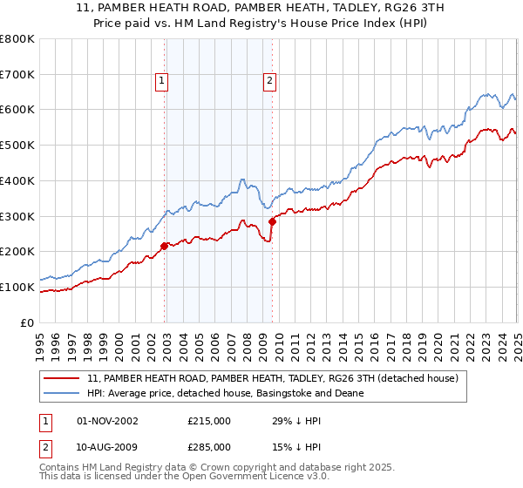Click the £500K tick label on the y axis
17,145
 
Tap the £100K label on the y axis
17,287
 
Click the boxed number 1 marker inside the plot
162,81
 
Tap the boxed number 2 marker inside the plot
269,81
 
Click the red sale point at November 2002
164,246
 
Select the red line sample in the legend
63,378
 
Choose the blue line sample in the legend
63,393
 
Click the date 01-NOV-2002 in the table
107,421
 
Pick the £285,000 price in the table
208,447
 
